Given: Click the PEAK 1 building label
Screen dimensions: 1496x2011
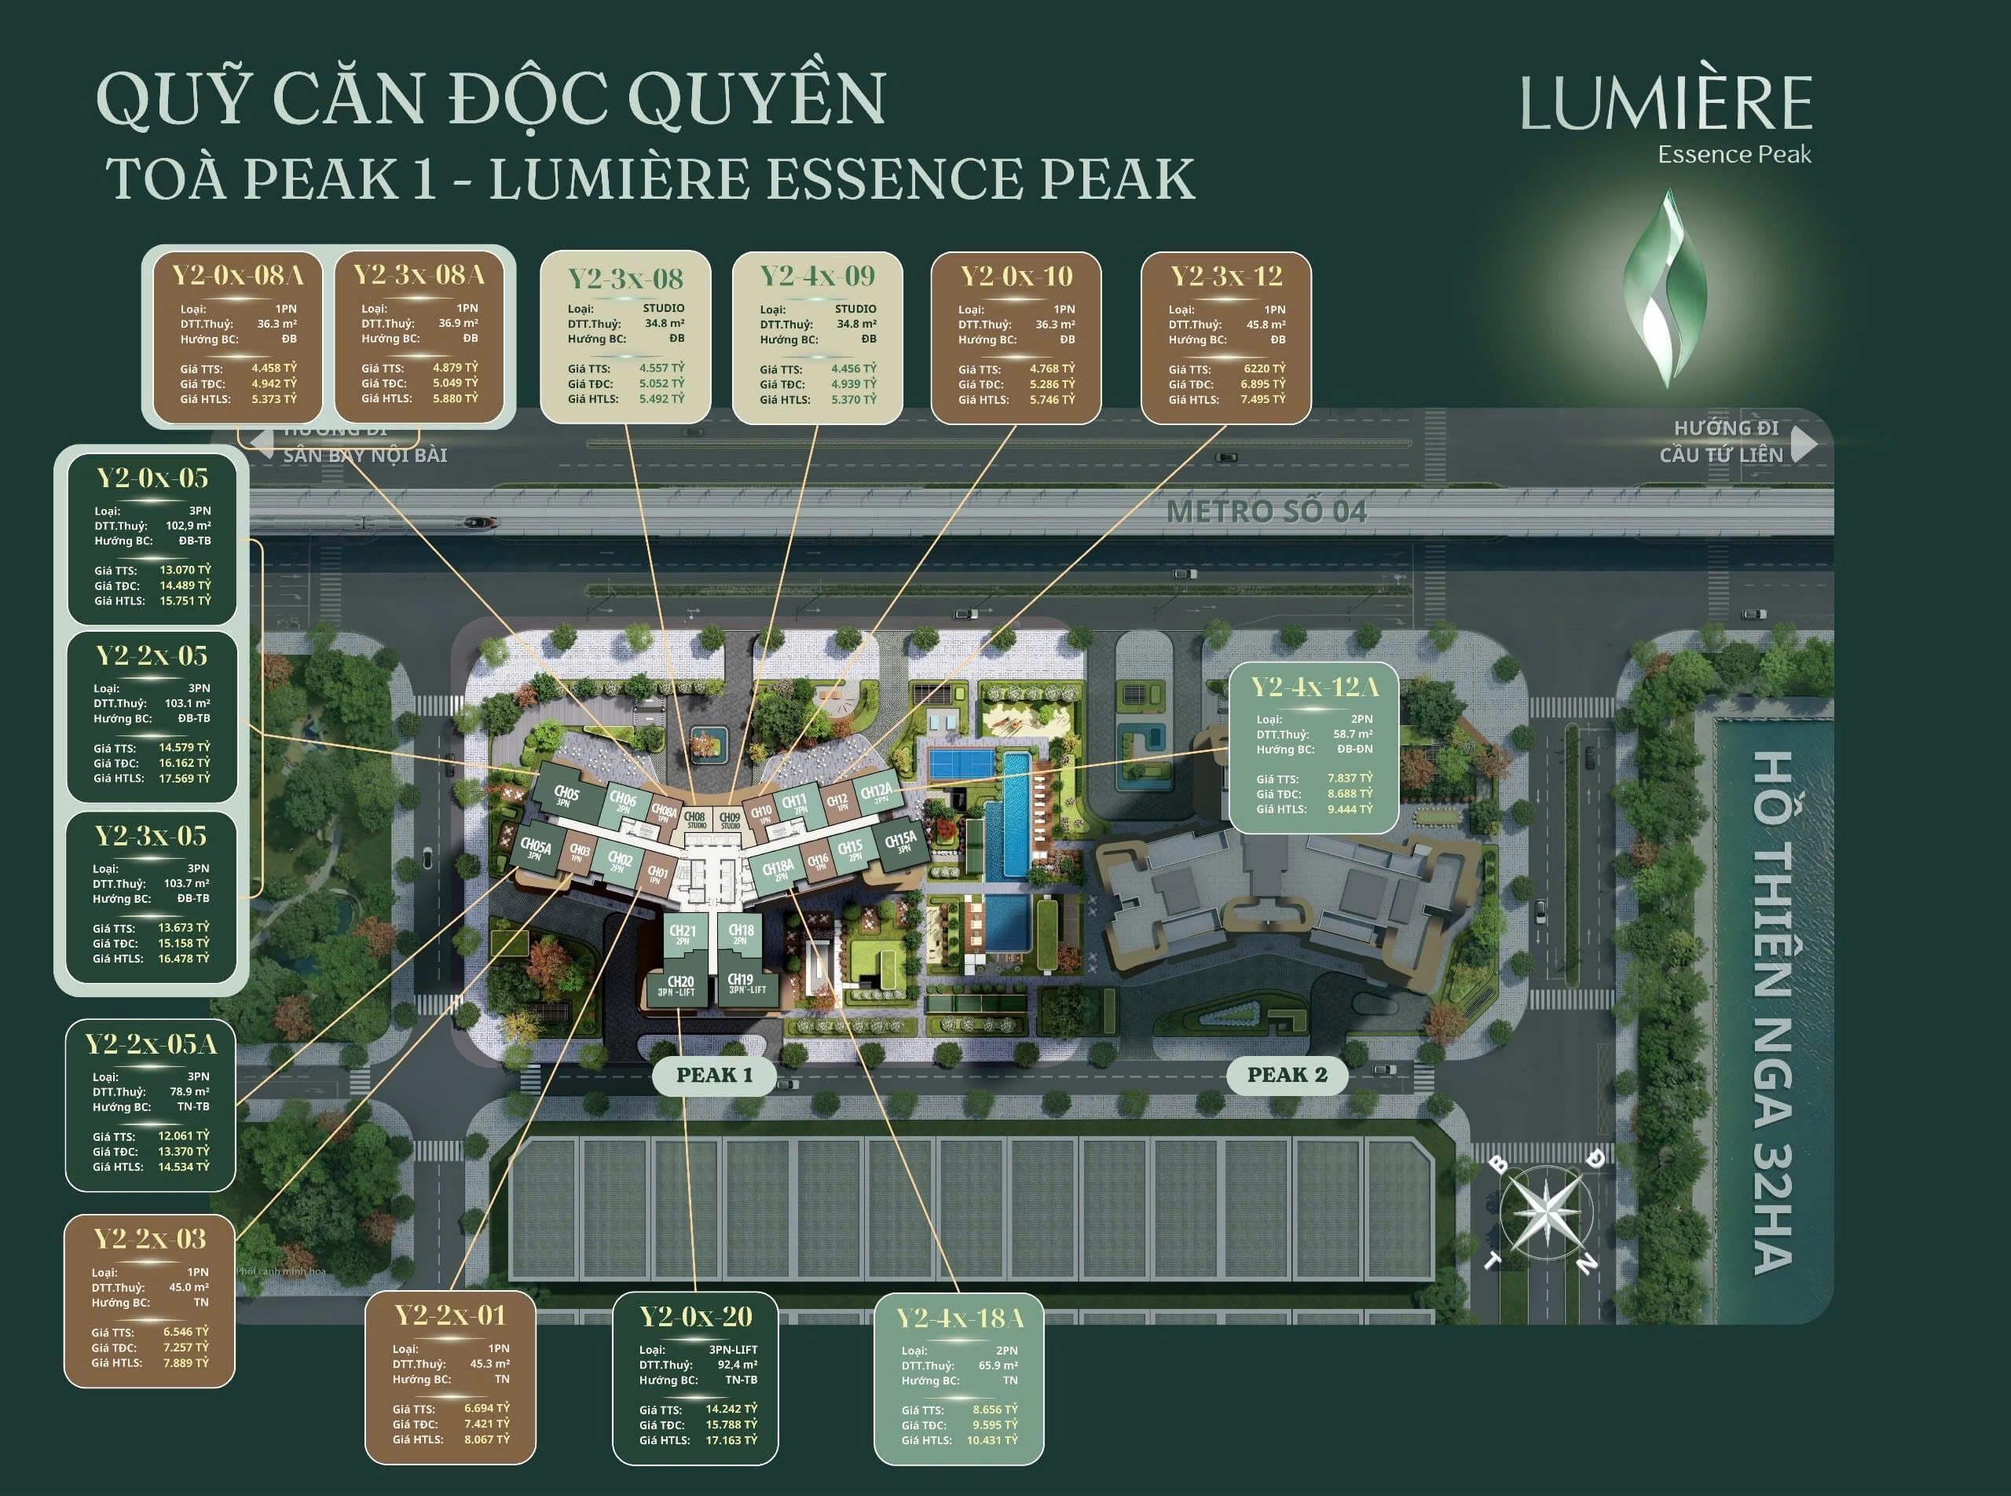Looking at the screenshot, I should pyautogui.click(x=714, y=1075).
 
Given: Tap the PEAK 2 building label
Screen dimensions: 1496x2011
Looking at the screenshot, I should pyautogui.click(x=1287, y=1075).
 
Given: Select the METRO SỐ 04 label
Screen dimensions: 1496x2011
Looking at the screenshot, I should pyautogui.click(x=1266, y=511).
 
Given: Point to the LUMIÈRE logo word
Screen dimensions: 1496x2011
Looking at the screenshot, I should pyautogui.click(x=1666, y=104).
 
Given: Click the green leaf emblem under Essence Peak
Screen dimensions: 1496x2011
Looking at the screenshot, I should pyautogui.click(x=1665, y=288).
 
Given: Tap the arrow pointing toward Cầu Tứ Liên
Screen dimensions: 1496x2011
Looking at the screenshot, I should pyautogui.click(x=1804, y=443).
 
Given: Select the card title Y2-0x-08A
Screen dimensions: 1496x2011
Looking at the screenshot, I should pyautogui.click(x=237, y=275).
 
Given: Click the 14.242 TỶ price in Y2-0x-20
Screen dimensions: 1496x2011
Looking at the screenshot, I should pyautogui.click(x=731, y=1409).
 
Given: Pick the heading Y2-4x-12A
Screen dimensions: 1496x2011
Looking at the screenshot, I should pyautogui.click(x=1313, y=687).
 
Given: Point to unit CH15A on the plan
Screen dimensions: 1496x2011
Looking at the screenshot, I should pyautogui.click(x=900, y=843).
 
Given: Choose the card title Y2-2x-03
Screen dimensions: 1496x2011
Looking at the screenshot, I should pyautogui.click(x=149, y=1239).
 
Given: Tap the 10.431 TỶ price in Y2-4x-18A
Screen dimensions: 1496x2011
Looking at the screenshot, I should pyautogui.click(x=991, y=1440).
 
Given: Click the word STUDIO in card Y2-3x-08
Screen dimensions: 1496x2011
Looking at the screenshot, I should pyautogui.click(x=664, y=309).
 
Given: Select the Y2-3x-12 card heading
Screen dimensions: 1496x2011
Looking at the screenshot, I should pyautogui.click(x=1226, y=277).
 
